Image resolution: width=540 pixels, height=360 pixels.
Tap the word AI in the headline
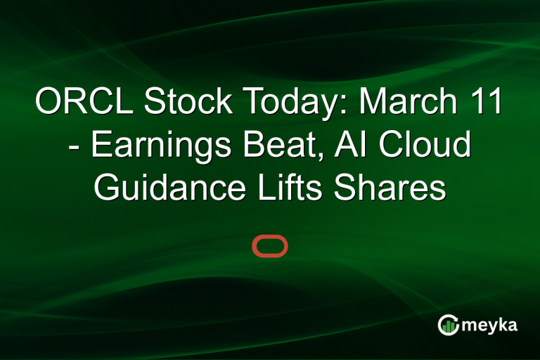pyautogui.click(x=368, y=145)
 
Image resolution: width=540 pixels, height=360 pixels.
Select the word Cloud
pyautogui.click(x=431, y=145)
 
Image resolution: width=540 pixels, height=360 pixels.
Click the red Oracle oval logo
pyautogui.click(x=270, y=246)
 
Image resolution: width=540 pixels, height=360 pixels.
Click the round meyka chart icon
pyautogui.click(x=448, y=324)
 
